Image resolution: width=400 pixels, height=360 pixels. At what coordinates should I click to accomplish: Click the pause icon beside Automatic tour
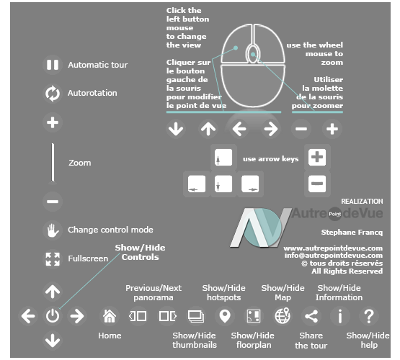53,65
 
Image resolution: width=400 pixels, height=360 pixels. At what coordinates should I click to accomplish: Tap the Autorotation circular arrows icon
53,94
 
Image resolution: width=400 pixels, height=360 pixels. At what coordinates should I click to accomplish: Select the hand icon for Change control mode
53,230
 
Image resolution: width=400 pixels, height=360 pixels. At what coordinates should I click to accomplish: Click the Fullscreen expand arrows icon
53,259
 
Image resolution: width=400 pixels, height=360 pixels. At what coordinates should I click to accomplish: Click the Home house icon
110,316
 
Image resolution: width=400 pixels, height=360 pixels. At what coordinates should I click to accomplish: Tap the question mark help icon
369,316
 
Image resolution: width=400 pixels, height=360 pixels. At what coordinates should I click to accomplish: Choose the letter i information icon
340,316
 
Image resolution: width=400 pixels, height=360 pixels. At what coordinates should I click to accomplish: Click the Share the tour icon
311,316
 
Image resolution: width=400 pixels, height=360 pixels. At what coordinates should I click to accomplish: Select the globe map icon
283,316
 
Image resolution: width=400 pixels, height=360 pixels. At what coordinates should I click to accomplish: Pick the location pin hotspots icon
225,316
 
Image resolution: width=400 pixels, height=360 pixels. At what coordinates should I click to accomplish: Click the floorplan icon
254,316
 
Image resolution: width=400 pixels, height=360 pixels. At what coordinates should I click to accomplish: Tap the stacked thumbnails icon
196,316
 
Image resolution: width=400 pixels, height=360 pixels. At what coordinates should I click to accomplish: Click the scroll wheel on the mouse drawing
252,54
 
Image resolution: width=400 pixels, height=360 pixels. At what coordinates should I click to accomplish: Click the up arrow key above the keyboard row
223,158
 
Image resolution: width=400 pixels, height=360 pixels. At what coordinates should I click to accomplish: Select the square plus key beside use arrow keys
317,157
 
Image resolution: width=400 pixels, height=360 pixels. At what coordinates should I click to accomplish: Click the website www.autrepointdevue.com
333,248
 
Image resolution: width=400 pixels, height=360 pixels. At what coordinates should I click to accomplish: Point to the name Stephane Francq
352,233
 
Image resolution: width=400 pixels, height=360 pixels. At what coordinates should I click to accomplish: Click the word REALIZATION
362,202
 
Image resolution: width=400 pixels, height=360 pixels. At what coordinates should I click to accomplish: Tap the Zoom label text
79,163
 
